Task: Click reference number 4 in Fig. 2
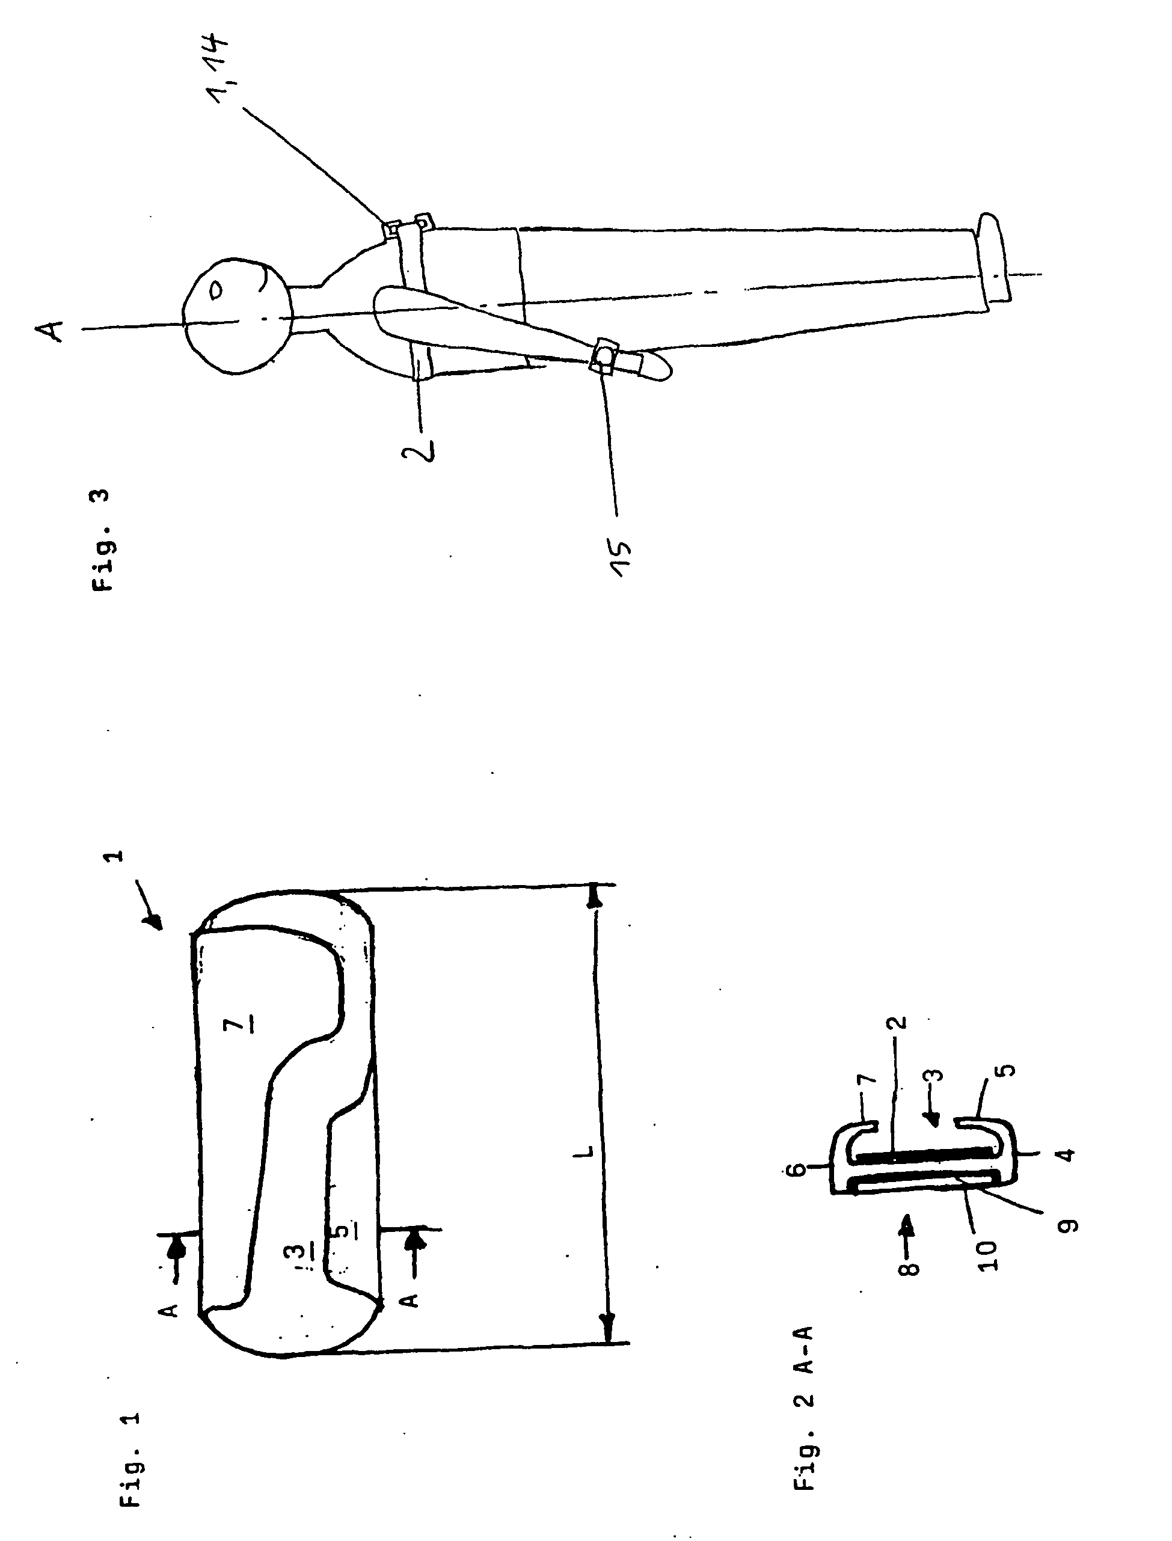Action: pos(1067,1154)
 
